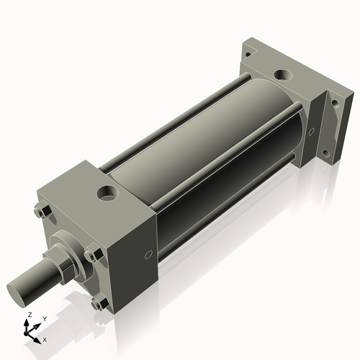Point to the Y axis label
click(x=44, y=318)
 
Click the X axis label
click(x=45, y=338)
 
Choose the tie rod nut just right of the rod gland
click(x=91, y=254)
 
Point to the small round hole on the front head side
click(x=148, y=255)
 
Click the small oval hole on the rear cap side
click(x=311, y=132)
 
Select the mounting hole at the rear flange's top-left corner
click(x=248, y=53)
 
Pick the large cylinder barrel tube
click(x=202, y=144)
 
